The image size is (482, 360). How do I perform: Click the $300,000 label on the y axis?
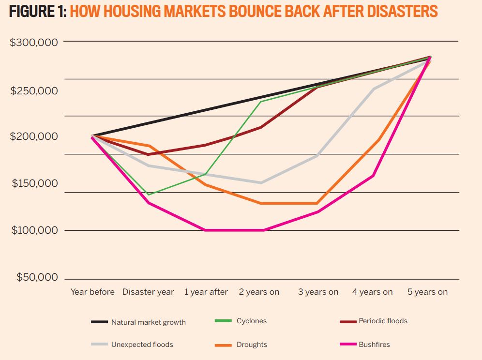pyautogui.click(x=34, y=42)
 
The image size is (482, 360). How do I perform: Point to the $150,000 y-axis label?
pyautogui.click(x=35, y=183)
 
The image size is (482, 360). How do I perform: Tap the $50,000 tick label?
pyautogui.click(x=37, y=277)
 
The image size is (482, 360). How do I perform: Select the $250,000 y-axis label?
pyautogui.click(x=34, y=91)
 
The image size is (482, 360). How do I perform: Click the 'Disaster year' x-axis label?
pyautogui.click(x=148, y=292)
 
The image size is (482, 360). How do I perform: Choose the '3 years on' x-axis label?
pyautogui.click(x=318, y=292)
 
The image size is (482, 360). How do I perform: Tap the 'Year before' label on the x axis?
pyautogui.click(x=92, y=292)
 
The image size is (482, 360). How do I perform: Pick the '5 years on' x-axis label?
pyautogui.click(x=427, y=292)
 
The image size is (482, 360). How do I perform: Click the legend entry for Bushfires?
pyautogui.click(x=374, y=345)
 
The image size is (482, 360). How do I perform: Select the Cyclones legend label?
pyautogui.click(x=251, y=321)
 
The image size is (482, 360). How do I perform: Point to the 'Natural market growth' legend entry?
pyautogui.click(x=148, y=322)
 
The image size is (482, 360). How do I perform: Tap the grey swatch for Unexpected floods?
pyautogui.click(x=99, y=345)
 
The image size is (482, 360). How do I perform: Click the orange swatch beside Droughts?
pyautogui.click(x=223, y=345)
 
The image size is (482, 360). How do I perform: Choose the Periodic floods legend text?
pyautogui.click(x=383, y=321)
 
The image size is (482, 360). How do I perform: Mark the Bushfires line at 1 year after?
pyautogui.click(x=205, y=230)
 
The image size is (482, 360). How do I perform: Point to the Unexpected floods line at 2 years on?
pyautogui.click(x=261, y=182)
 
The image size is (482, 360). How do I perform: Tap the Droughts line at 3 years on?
pyautogui.click(x=317, y=203)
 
